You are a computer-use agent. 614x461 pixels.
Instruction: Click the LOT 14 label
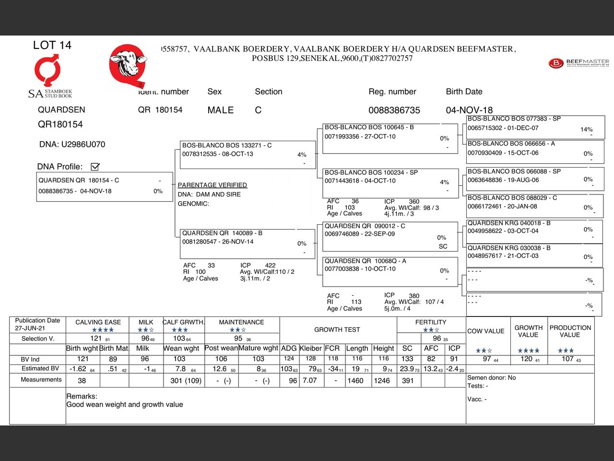tap(52, 45)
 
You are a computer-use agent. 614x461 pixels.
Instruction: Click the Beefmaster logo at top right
tap(579, 63)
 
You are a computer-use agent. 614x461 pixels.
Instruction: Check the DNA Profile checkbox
tap(95, 167)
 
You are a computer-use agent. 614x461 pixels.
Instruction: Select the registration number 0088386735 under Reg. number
tap(394, 110)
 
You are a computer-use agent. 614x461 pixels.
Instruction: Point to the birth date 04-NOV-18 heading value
tap(469, 110)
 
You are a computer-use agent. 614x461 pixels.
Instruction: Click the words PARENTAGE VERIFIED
tap(212, 185)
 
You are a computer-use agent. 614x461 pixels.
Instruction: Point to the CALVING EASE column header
tap(98, 322)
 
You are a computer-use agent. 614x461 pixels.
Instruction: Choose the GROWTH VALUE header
tap(528, 331)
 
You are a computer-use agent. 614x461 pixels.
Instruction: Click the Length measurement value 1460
tap(355, 381)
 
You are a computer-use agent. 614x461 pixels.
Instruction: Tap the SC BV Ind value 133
tap(407, 359)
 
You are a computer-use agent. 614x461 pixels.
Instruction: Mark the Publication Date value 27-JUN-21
tap(30, 328)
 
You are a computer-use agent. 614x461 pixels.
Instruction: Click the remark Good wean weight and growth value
tap(125, 405)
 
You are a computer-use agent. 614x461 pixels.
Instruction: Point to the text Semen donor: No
tap(491, 378)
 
